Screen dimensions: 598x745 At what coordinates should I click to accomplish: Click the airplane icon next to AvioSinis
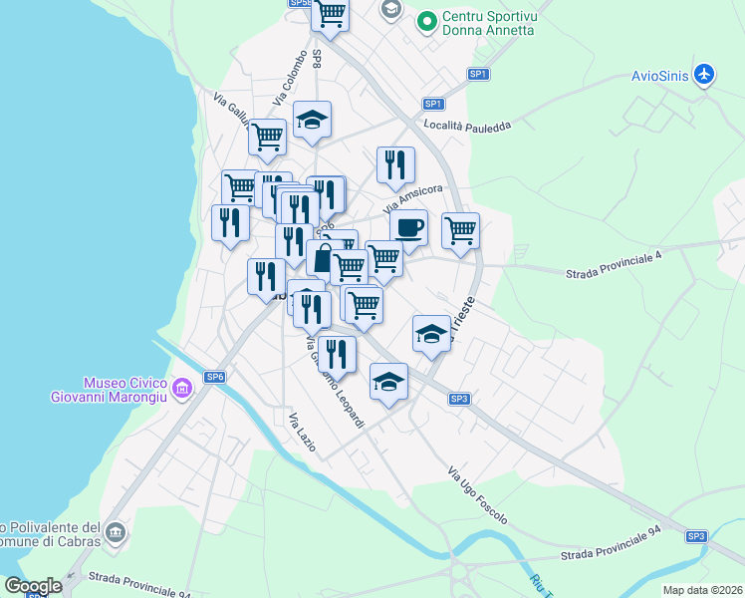705,75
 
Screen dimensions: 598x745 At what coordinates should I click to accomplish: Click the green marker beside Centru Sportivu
426,19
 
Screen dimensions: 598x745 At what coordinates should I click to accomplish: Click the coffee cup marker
408,228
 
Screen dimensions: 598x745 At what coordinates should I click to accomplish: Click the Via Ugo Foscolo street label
477,495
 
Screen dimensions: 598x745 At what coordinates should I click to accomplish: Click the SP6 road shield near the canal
215,377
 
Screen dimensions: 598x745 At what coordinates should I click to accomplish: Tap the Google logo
33,586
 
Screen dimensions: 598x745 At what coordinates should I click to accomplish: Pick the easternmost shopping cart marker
460,231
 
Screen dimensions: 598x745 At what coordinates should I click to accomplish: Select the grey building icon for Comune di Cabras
116,533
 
